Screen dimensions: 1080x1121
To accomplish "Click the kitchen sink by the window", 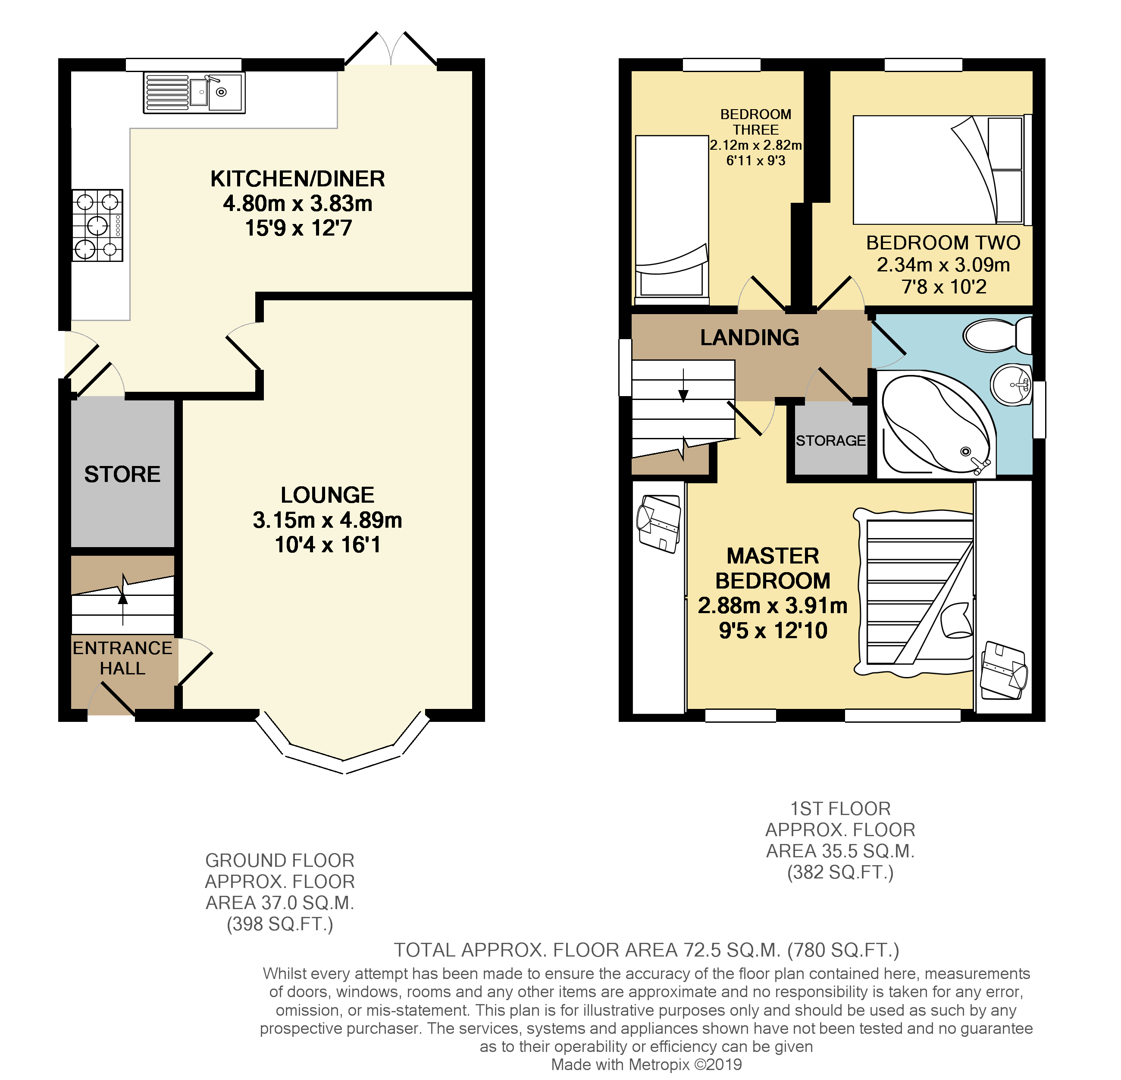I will (194, 93).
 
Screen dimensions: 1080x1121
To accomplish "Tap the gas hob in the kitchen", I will (97, 225).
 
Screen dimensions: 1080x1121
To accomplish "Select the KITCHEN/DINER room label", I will (297, 179).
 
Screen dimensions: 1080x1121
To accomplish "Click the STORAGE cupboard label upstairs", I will (830, 441).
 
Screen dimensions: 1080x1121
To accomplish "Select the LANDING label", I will (749, 338).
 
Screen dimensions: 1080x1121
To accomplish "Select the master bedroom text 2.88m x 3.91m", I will (772, 605).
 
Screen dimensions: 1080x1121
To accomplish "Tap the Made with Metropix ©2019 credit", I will (646, 1064).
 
